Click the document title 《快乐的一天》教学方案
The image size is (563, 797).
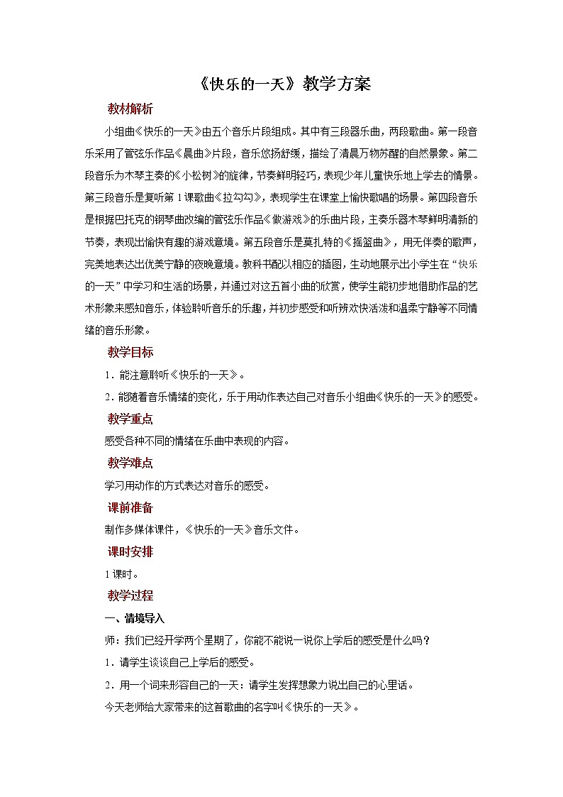[281, 84]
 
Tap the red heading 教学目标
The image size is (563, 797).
[130, 352]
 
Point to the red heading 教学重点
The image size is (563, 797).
[130, 419]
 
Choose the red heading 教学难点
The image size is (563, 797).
[130, 463]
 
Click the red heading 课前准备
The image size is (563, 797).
[130, 507]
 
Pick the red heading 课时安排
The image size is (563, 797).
[130, 551]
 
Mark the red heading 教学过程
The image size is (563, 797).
[130, 595]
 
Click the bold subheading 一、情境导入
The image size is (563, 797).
[135, 618]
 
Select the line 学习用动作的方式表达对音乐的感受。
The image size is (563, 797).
[186, 485]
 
